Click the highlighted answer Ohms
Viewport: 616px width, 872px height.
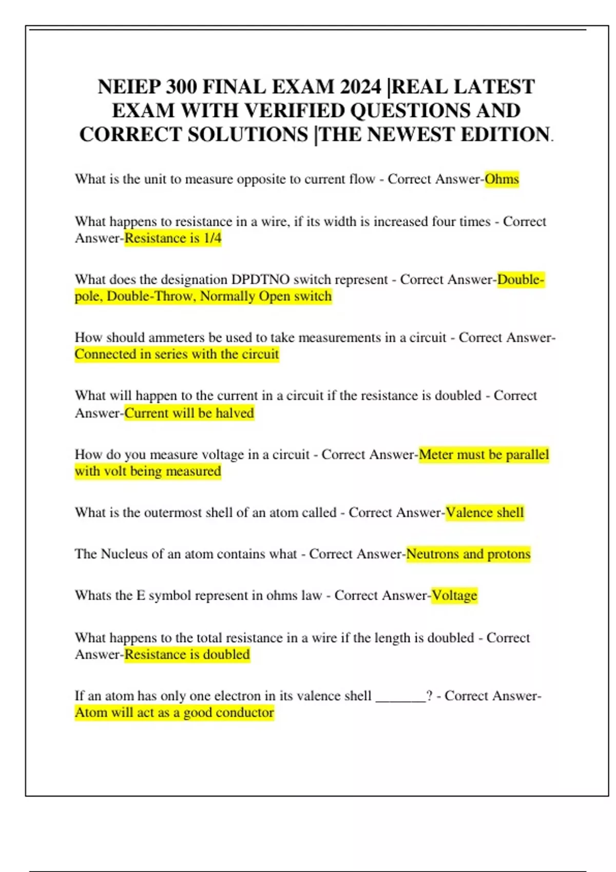pos(502,179)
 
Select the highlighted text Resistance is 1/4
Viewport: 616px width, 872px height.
pos(173,238)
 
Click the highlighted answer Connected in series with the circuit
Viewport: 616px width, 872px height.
pos(177,354)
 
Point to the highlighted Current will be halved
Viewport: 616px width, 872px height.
pos(189,413)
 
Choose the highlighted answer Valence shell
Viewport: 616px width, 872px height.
pos(485,512)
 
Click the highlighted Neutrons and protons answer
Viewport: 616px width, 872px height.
pos(468,554)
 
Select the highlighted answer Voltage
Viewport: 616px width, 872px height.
pos(454,596)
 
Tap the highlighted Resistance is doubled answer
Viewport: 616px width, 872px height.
pos(187,655)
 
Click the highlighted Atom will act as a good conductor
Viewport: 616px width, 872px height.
pos(174,712)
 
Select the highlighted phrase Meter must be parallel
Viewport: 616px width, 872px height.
pos(484,454)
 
